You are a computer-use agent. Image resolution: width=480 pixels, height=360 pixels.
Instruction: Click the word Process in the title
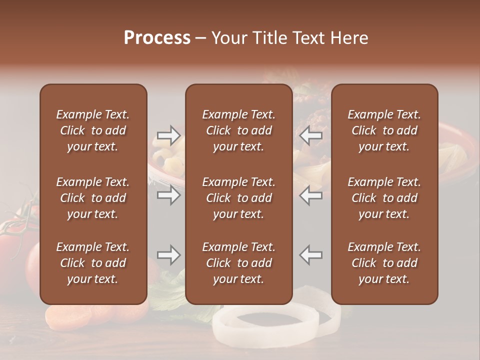pos(157,38)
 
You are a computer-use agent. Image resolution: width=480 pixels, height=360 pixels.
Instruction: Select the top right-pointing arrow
pos(168,134)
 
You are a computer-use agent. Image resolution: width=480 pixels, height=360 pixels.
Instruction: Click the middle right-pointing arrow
pos(168,195)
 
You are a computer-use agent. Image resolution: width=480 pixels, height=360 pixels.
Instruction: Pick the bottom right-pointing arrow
pos(168,255)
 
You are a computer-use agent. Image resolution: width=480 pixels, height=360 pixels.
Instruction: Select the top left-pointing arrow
pos(311,134)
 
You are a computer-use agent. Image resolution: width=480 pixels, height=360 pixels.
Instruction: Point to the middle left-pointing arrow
pos(311,195)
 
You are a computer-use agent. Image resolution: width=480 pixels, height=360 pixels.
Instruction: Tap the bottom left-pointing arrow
pos(311,255)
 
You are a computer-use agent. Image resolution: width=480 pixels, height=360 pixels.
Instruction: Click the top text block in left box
pos(93,130)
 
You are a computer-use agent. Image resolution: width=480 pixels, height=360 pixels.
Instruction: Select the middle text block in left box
pos(93,198)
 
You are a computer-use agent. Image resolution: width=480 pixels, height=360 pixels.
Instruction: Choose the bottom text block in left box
pos(93,263)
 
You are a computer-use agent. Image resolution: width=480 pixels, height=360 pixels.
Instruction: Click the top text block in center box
pos(238,130)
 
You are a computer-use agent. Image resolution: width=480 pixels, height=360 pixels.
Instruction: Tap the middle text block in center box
pos(238,198)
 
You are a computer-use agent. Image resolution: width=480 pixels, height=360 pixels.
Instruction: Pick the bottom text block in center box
pos(238,263)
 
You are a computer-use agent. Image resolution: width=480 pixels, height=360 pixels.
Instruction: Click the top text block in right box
pos(384,130)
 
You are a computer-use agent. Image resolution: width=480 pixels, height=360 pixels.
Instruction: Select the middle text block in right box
pos(384,198)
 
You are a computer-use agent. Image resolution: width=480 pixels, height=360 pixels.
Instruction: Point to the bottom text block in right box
pos(384,263)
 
